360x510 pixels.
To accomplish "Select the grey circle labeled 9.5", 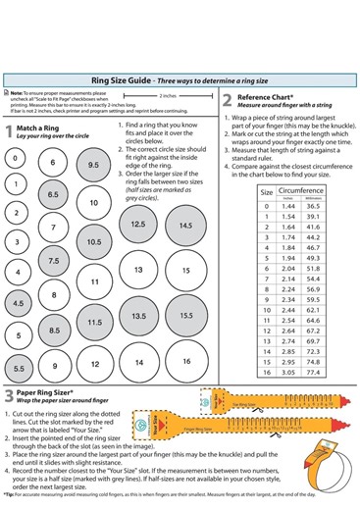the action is coord(93,166).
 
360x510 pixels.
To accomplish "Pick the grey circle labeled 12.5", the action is coord(138,225).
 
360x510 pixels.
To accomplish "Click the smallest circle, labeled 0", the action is coord(16,158).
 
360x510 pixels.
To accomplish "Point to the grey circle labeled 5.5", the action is coord(20,368).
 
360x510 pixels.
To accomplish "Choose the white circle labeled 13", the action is coord(139,270).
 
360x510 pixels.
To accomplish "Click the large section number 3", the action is coord(8,397).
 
